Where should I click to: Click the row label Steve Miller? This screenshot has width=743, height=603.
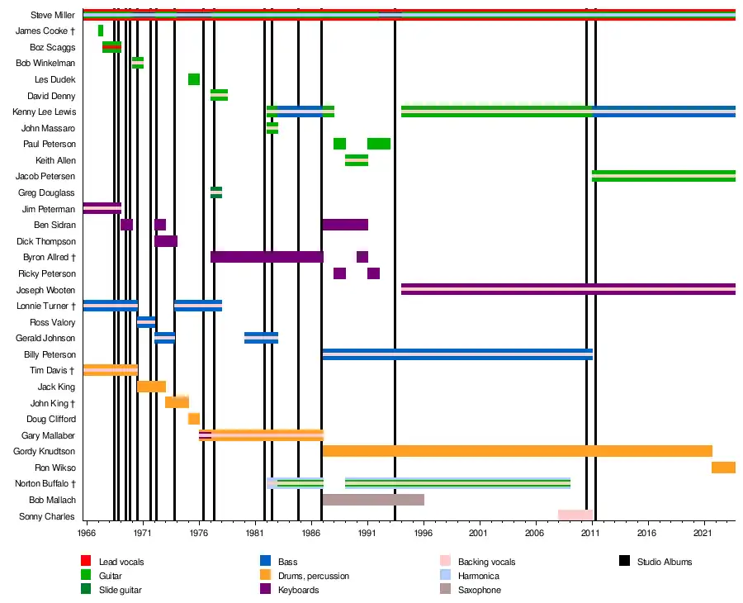(53, 15)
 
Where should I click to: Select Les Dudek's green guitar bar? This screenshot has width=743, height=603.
(194, 79)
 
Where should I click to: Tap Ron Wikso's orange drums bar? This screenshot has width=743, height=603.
(723, 468)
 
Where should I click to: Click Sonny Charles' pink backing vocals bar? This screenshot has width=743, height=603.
(575, 515)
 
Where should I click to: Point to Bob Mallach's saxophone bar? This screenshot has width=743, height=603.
(373, 500)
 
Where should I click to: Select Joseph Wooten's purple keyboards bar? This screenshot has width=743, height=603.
(568, 289)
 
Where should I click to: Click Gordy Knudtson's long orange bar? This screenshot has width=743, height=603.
(517, 451)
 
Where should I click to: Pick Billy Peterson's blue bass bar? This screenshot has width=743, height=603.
(457, 354)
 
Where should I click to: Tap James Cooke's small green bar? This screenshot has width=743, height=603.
(101, 31)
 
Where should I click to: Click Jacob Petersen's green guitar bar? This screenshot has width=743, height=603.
(663, 175)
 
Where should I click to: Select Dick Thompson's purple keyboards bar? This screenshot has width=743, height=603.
(166, 241)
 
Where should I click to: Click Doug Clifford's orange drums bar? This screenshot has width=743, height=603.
(194, 419)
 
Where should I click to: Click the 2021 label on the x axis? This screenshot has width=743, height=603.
(703, 534)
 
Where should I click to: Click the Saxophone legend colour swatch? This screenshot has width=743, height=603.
(446, 590)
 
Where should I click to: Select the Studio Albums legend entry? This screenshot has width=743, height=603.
(664, 562)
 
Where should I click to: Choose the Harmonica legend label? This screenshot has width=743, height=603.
(478, 576)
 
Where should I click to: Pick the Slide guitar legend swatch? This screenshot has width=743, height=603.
(86, 590)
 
